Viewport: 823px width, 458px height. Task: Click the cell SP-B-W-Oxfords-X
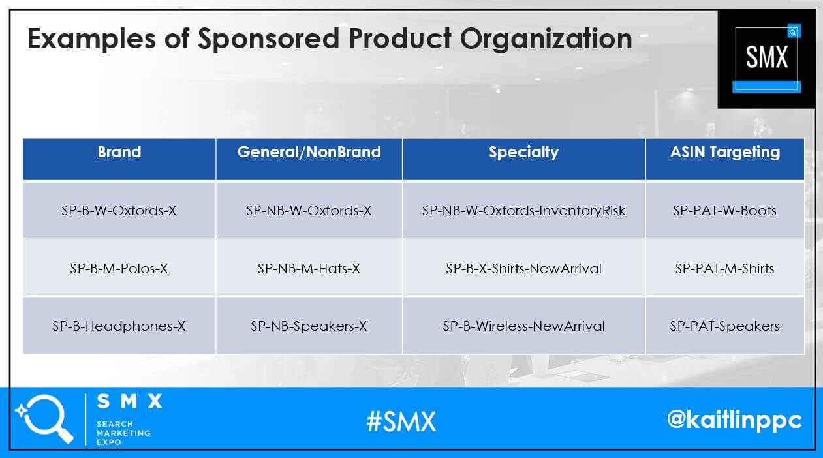point(119,211)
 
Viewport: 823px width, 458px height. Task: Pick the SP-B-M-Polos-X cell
point(119,269)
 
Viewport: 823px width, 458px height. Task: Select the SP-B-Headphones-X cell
point(119,326)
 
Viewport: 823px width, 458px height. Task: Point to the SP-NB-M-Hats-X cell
point(309,269)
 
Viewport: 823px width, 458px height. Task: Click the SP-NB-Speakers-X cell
point(309,326)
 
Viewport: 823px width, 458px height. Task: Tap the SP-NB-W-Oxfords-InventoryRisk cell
point(523,211)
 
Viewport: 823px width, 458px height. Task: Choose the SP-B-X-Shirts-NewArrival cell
point(523,269)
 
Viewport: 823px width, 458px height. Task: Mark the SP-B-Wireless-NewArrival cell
point(523,326)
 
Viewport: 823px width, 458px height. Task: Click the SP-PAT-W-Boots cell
point(724,211)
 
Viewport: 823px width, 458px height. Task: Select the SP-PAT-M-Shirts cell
point(724,269)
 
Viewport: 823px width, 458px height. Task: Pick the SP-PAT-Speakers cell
point(724,326)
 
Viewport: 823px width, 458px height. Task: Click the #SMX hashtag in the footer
point(401,421)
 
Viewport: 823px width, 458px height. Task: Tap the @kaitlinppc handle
point(735,420)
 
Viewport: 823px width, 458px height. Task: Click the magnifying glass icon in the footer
point(45,418)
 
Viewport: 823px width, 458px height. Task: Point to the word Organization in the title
point(546,39)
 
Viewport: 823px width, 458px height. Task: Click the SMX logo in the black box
point(767,59)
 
